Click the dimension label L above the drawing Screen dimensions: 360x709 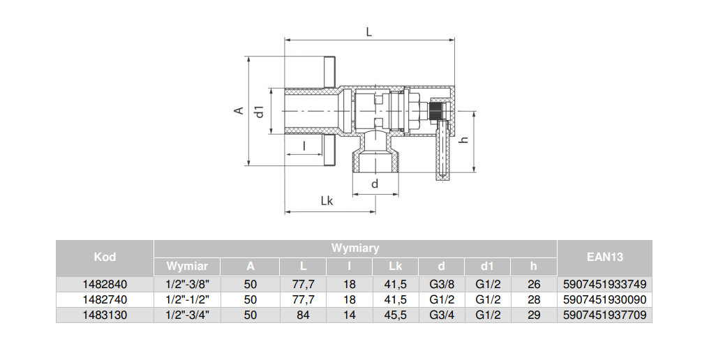point(369,31)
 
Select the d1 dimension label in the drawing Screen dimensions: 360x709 point(260,111)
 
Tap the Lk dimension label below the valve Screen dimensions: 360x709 point(327,201)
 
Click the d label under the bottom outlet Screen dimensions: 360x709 point(375,184)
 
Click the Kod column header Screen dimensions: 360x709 point(105,257)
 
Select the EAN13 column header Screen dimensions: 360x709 point(604,257)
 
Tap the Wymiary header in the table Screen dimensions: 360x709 point(355,248)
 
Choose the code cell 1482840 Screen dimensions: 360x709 point(105,284)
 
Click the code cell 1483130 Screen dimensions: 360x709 point(105,315)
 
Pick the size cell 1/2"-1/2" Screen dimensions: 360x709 point(187,299)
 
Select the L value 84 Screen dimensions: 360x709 point(303,315)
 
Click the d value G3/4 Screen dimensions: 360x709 point(441,315)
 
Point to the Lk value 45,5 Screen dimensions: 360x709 point(395,315)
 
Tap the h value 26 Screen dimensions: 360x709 point(534,284)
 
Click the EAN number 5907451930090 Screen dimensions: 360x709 point(604,299)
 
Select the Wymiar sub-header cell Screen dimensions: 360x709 point(186,267)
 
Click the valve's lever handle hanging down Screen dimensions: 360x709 point(442,150)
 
